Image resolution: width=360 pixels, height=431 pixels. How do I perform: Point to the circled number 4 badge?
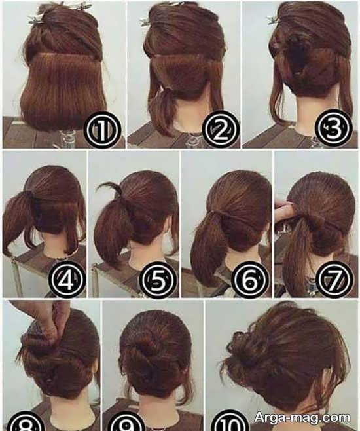(67, 279)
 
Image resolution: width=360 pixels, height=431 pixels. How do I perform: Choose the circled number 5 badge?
(158, 279)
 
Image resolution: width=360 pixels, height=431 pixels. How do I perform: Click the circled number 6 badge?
(249, 279)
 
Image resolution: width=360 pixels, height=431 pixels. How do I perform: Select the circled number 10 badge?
(231, 423)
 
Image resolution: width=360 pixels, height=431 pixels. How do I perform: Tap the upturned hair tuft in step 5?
(109, 187)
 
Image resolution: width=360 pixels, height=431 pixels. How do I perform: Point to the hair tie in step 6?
(215, 213)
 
